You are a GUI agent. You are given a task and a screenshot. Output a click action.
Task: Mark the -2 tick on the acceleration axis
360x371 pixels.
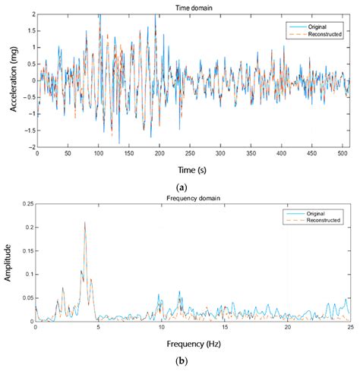[30, 147]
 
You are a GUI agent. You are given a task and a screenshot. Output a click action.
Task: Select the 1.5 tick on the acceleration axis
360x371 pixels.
[29, 31]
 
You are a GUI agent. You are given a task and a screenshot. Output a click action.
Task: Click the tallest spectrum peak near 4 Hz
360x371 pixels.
[84, 223]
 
